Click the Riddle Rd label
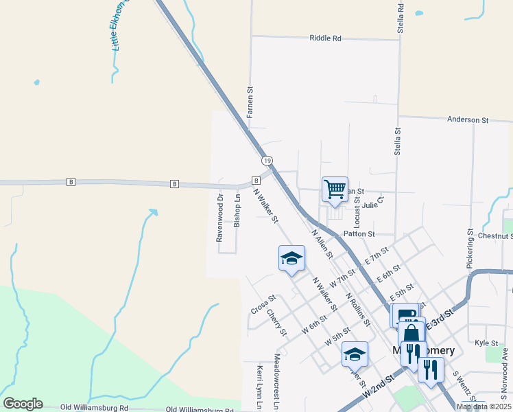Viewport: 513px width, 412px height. (x=325, y=38)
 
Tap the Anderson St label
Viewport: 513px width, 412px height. (x=467, y=119)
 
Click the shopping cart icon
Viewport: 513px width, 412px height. (x=335, y=189)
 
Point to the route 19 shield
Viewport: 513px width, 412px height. (x=267, y=161)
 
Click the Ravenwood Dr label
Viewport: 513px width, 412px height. (x=220, y=218)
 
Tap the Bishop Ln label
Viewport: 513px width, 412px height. (x=237, y=211)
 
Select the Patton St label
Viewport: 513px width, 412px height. (x=359, y=234)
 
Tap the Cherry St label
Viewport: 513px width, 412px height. (x=276, y=323)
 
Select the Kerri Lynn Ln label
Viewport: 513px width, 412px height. (x=260, y=387)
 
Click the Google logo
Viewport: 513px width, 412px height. (x=23, y=404)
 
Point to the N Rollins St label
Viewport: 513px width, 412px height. (x=358, y=308)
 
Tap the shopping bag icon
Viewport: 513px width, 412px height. (x=411, y=333)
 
